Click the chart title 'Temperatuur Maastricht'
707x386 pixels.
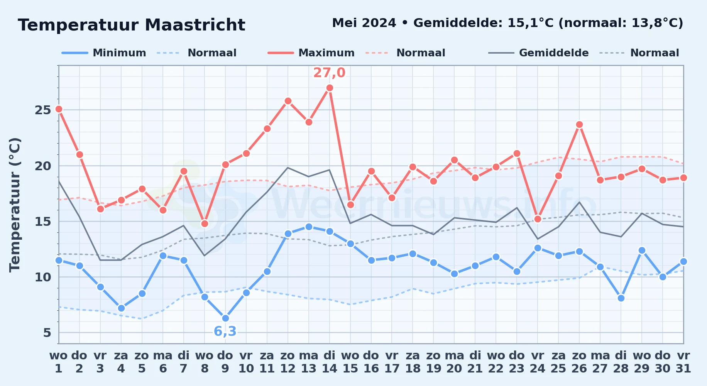132,25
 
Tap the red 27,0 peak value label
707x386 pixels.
329,73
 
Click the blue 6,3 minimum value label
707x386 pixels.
225,331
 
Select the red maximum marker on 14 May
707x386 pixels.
330,88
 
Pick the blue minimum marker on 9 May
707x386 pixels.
225,318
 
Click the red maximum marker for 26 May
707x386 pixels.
579,125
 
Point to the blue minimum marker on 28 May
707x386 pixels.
621,298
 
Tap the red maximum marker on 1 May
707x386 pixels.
59,109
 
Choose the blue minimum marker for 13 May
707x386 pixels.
309,227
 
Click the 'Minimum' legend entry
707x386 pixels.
104,53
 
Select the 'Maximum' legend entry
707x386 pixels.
311,53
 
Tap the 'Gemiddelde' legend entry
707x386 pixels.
538,53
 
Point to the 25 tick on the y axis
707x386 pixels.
43,110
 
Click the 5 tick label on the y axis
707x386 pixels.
47,333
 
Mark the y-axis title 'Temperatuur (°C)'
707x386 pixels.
15,205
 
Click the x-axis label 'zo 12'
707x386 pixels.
288,362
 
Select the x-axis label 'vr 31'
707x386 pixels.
683,362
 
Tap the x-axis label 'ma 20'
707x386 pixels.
454,362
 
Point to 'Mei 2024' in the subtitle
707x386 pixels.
364,23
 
